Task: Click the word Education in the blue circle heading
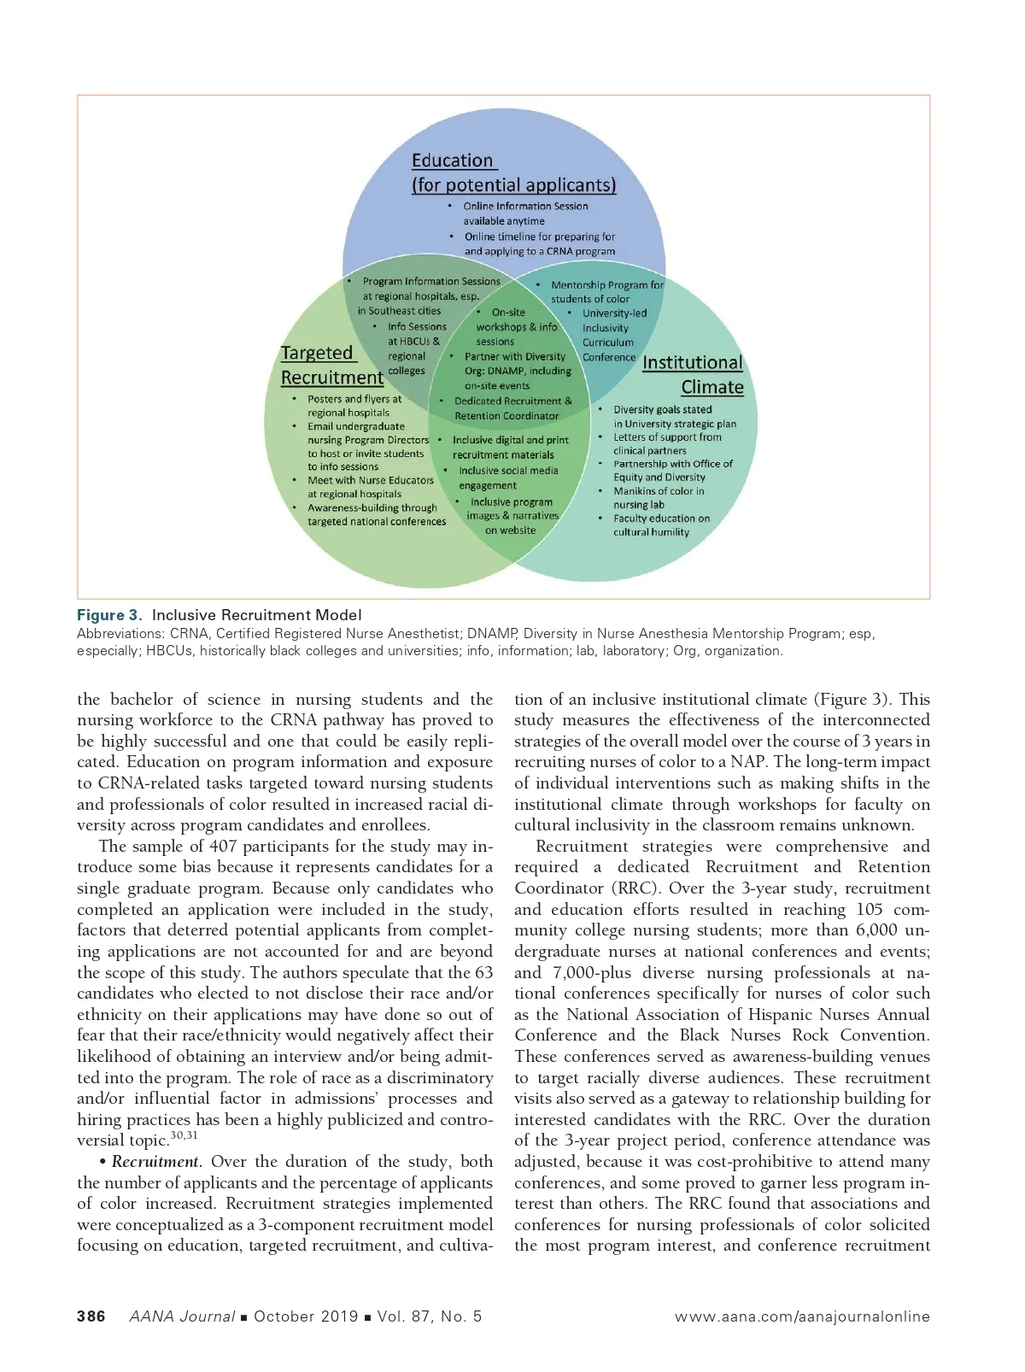(x=452, y=161)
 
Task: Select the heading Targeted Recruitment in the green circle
(x=331, y=365)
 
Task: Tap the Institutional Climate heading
(x=693, y=374)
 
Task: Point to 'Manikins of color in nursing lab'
(x=659, y=498)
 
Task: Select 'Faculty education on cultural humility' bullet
(x=661, y=525)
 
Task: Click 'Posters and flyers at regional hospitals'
(x=354, y=406)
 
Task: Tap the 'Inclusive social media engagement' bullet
(x=507, y=478)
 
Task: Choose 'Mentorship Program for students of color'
(x=606, y=291)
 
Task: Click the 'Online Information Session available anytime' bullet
(x=525, y=213)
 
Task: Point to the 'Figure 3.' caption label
(x=109, y=615)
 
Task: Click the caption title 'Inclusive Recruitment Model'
(x=256, y=615)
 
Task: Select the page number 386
(x=91, y=1316)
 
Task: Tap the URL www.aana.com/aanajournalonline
(x=802, y=1316)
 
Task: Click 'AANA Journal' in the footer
(x=182, y=1316)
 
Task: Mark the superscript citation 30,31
(x=184, y=1135)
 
